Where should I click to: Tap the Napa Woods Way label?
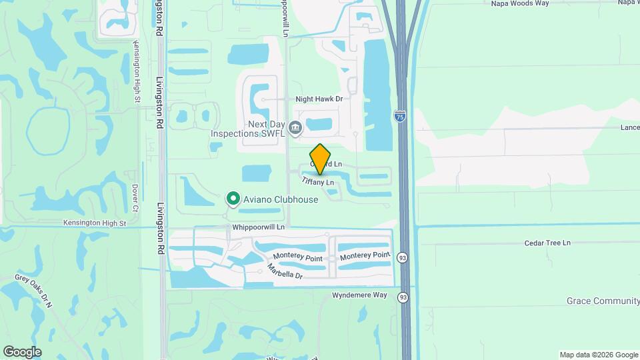coord(519,3)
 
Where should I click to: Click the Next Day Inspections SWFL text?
coord(247,129)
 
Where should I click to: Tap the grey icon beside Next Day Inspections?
coord(295,126)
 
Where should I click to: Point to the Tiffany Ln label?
coord(317,181)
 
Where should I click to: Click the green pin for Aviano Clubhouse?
coord(233,199)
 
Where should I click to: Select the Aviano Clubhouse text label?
coord(280,199)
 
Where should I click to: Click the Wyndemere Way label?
coord(359,295)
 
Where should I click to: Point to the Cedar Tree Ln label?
coord(548,243)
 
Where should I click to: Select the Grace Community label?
coord(603,301)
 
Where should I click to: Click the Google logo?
coord(21,351)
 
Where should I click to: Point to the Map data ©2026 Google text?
coord(598,355)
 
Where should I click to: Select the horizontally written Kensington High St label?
coord(94,223)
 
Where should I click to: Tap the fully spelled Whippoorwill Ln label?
coord(259,227)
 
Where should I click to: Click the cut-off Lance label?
coord(629,127)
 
